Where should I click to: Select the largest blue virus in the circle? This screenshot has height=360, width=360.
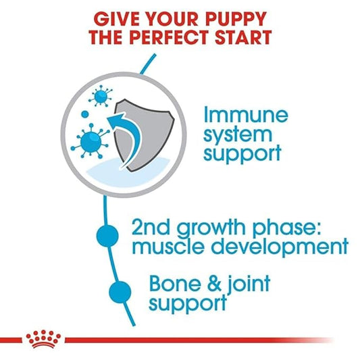click(x=89, y=141)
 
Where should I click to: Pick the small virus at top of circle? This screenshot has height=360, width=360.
click(x=102, y=97)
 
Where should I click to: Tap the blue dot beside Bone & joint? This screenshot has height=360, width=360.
click(x=120, y=292)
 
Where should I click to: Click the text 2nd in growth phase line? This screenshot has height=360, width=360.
click(x=147, y=226)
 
